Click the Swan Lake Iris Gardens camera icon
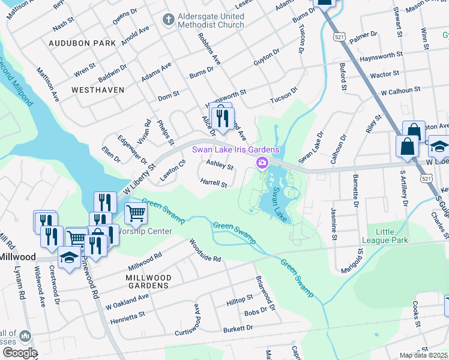click(262, 163)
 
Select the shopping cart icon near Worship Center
click(136, 213)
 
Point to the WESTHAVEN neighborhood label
click(97, 89)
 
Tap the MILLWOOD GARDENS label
click(148, 282)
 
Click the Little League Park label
click(392, 236)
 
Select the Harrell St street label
click(214, 182)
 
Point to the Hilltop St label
click(240, 299)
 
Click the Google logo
click(19, 352)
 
